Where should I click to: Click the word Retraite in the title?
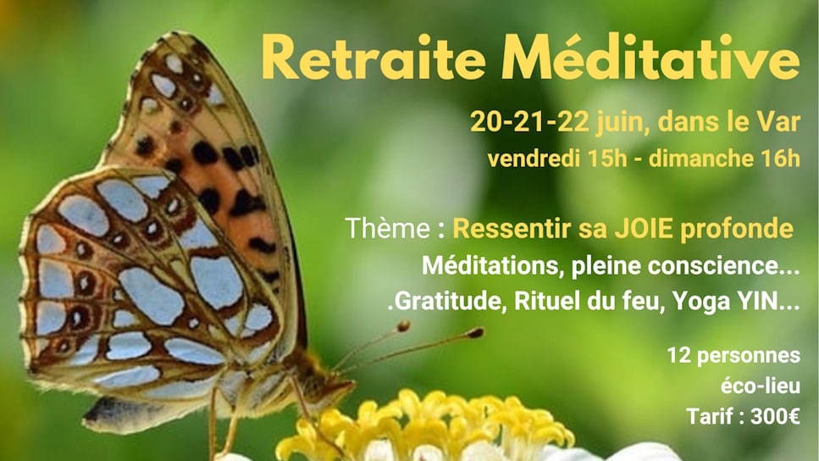(374, 57)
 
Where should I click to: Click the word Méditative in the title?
(650, 57)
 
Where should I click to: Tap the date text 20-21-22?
(529, 122)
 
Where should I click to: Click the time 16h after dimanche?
(780, 158)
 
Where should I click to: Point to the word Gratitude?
(450, 301)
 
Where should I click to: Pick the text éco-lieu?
(761, 386)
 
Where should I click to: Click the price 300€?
(775, 417)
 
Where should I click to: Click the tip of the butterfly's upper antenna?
(476, 332)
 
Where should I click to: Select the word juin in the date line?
(621, 123)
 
